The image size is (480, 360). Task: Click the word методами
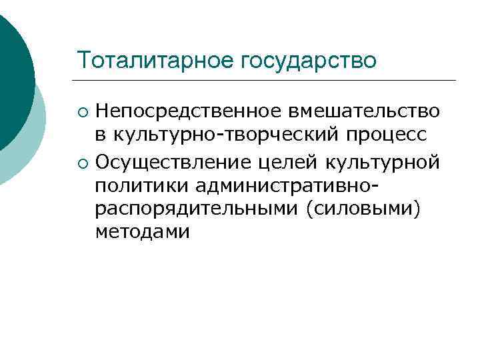(142, 232)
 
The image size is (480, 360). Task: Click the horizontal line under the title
(267, 81)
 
